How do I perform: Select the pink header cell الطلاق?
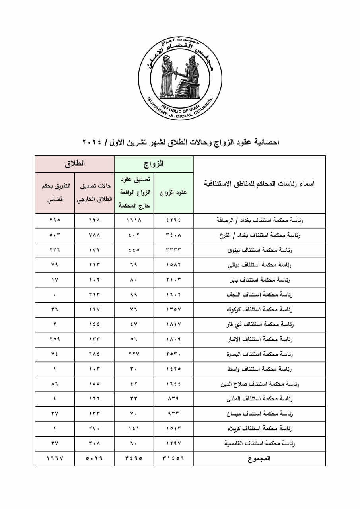pos(75,164)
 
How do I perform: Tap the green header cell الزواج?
pos(154,164)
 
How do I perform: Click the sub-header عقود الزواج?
pos(173,193)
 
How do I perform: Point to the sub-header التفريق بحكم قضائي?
pos(55,193)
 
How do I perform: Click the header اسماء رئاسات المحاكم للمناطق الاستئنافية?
pos(259,184)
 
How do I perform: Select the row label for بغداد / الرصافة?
pos(259,220)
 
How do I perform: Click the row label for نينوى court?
pos(259,250)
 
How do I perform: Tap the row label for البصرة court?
pos(259,354)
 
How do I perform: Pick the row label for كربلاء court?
pos(259,429)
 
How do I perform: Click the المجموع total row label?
pos(259,458)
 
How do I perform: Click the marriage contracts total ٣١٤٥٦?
pos(173,458)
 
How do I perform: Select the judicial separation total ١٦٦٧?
pos(55,458)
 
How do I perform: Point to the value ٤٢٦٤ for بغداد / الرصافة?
pos(173,220)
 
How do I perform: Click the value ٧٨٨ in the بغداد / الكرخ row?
pos(94,235)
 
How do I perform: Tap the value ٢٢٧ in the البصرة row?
pos(134,354)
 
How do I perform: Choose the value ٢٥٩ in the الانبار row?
pos(55,339)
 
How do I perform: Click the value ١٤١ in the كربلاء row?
pos(134,429)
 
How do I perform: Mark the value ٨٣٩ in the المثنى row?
pos(173,399)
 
